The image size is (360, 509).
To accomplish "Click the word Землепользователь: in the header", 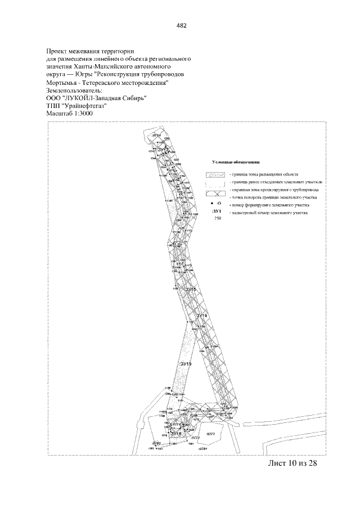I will (74, 89).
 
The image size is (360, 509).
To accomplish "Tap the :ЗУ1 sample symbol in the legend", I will (215, 210).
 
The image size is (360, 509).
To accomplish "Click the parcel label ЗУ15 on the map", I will (191, 289).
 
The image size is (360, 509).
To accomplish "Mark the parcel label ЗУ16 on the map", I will (202, 316).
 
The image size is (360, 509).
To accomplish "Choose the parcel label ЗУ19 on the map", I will (186, 365).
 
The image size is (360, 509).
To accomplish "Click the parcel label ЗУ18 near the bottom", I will (175, 433).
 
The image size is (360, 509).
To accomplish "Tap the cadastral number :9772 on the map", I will (195, 437).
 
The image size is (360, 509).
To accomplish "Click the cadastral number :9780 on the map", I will (156, 443).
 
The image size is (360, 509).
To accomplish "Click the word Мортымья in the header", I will (63, 82).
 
